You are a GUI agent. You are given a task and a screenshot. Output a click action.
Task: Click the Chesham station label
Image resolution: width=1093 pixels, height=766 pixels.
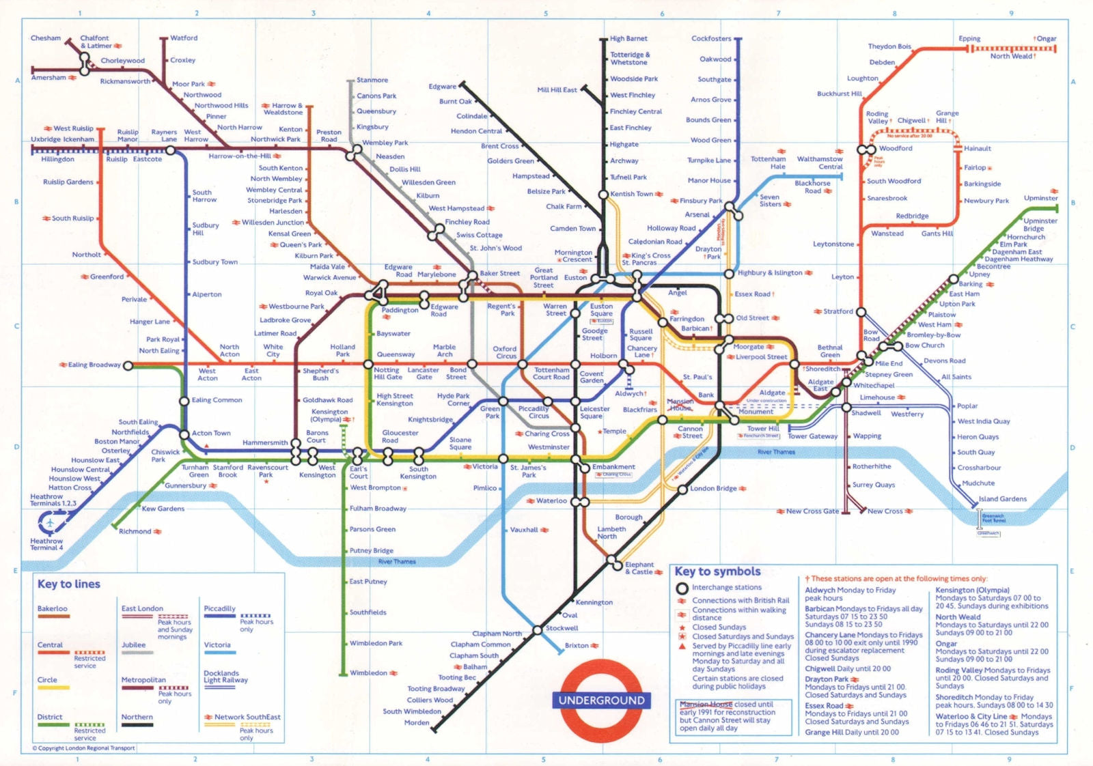(45, 38)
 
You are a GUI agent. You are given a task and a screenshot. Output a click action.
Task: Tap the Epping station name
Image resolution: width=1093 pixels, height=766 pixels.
(969, 39)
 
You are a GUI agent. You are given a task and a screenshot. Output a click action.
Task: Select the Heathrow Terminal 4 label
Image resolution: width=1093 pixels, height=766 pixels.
(46, 544)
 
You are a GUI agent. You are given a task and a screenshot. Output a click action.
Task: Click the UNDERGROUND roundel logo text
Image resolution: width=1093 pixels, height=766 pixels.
(601, 700)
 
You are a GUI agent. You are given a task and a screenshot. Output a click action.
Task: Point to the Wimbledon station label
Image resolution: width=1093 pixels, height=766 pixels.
(368, 673)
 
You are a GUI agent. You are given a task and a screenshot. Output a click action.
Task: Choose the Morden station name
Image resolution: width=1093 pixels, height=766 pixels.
(417, 722)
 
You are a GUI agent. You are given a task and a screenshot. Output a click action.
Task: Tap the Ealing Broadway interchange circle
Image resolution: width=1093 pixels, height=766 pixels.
(128, 365)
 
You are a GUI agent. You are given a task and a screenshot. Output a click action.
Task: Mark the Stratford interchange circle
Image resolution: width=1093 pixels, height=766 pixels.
(861, 312)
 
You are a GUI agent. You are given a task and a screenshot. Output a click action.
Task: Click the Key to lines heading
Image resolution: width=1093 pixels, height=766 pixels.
(69, 584)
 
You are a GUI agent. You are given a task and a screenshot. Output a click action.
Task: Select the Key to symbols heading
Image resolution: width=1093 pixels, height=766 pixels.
(717, 571)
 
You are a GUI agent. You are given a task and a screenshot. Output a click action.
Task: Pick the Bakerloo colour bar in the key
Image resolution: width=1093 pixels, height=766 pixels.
(53, 616)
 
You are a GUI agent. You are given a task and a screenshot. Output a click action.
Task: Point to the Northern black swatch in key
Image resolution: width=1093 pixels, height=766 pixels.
(137, 725)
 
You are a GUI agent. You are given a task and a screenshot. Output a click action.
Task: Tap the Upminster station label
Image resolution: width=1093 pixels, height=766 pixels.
(1040, 198)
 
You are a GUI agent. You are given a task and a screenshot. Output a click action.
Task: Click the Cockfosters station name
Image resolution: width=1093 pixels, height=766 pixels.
(710, 39)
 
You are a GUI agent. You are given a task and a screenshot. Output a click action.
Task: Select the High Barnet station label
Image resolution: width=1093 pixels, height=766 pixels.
(628, 39)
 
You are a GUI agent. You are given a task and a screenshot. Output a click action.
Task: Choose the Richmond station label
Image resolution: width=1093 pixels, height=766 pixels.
(135, 531)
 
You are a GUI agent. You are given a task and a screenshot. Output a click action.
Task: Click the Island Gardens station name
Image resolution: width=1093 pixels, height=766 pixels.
(1002, 499)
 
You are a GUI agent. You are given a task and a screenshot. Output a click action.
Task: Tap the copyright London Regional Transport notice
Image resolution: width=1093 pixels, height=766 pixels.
(84, 748)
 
